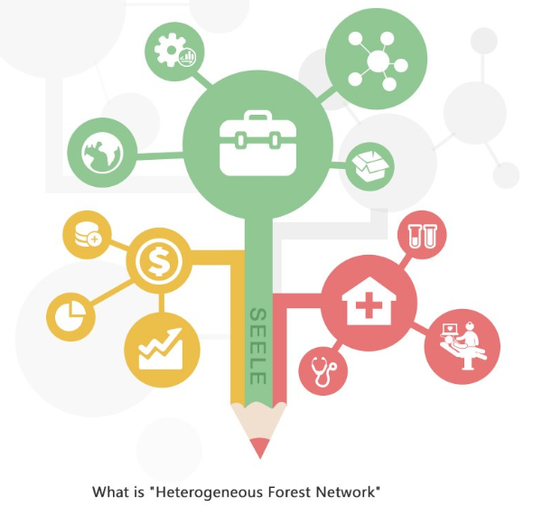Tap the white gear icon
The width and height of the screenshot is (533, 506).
click(x=171, y=50)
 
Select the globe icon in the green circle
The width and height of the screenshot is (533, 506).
click(x=102, y=153)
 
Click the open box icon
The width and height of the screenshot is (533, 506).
click(x=370, y=167)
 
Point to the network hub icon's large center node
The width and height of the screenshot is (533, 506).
click(x=378, y=61)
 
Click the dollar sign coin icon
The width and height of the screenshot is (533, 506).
click(x=159, y=261)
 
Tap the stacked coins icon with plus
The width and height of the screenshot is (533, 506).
click(x=88, y=235)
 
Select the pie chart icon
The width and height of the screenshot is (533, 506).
click(x=70, y=316)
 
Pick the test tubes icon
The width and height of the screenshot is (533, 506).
click(x=422, y=235)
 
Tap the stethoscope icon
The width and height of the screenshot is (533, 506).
click(x=323, y=370)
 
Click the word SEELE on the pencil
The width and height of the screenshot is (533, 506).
click(x=258, y=346)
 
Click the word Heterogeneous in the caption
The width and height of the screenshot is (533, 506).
click(x=206, y=492)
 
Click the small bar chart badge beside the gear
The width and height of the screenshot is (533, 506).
click(x=187, y=57)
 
